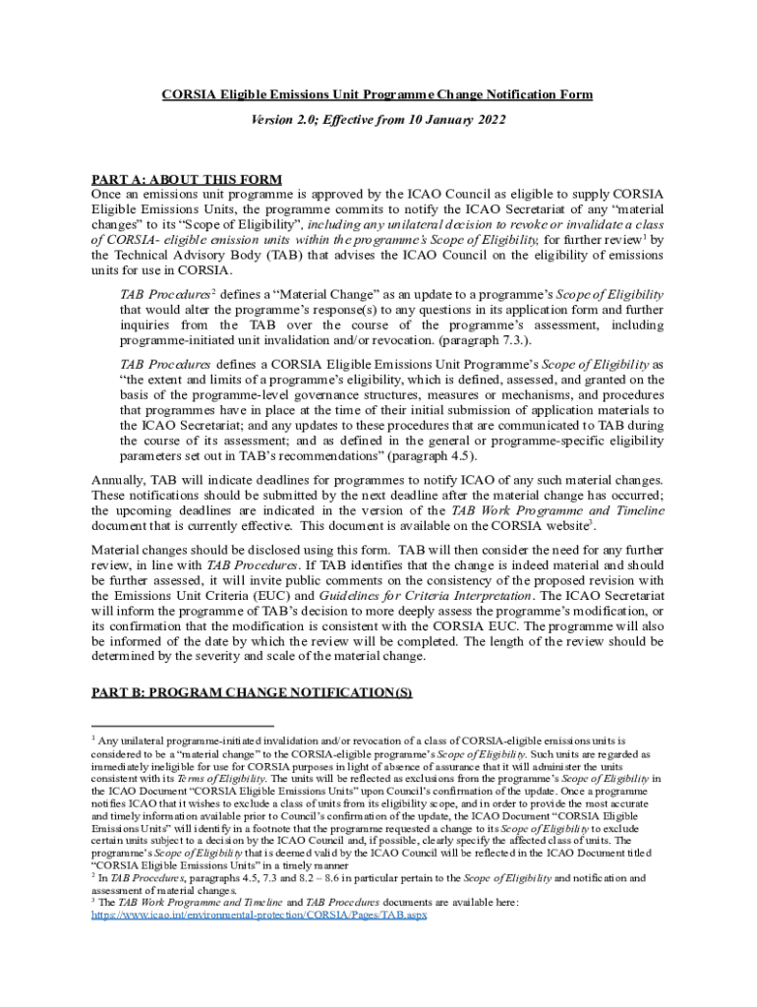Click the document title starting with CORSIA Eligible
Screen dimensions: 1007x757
coord(378,94)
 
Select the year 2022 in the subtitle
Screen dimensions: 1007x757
coord(488,120)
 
